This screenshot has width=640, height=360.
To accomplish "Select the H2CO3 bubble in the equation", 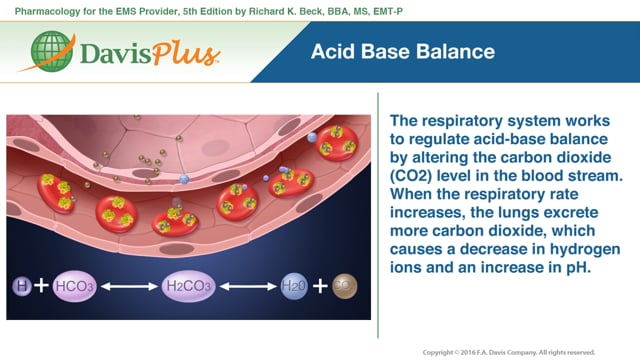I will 188,286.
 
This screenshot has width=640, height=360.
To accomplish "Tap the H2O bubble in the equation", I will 294,286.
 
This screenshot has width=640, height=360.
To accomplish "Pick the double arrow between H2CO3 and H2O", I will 247,286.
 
